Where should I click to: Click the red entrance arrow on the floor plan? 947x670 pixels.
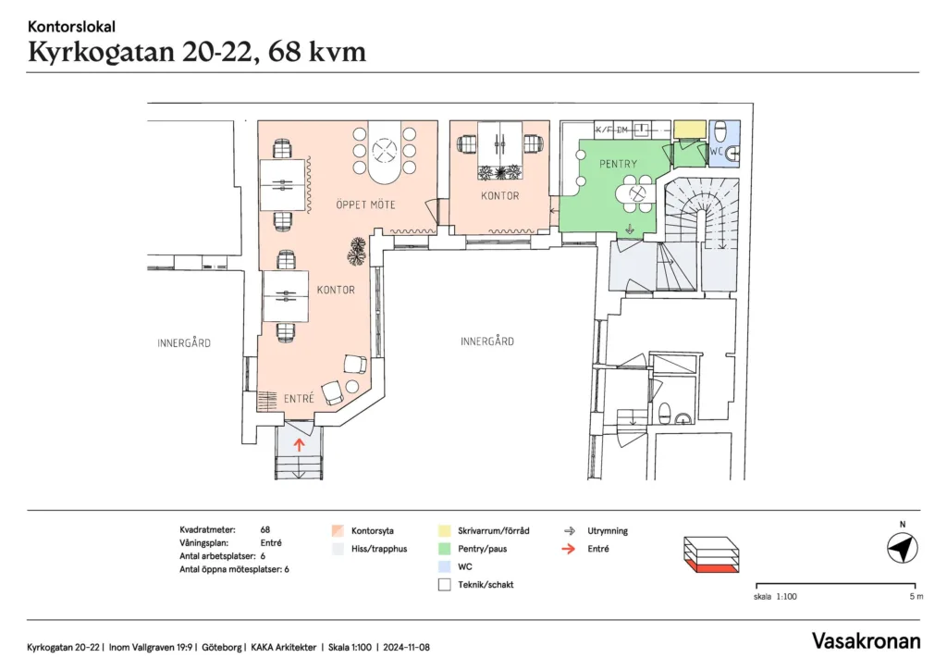click(299, 445)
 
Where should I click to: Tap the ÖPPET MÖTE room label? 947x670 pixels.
click(365, 205)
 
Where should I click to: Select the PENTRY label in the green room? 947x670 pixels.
click(618, 164)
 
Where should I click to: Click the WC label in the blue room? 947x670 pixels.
click(717, 151)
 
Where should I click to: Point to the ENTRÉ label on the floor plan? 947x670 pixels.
click(299, 399)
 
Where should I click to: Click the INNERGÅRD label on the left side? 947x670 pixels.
click(184, 343)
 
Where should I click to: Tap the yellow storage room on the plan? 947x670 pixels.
click(690, 130)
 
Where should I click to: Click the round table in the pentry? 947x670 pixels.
click(635, 194)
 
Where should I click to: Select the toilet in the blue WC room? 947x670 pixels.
click(719, 131)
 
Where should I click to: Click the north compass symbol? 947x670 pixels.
click(903, 549)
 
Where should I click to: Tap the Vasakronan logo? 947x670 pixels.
click(866, 641)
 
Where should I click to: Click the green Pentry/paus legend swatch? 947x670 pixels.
click(445, 549)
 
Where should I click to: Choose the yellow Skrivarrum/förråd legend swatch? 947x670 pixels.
click(445, 531)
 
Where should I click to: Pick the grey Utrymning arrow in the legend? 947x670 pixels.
click(569, 531)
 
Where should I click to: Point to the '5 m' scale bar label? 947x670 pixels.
click(916, 596)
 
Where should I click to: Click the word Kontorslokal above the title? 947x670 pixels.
click(71, 27)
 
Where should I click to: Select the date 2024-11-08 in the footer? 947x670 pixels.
click(407, 647)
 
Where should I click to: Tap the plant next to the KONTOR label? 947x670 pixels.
click(357, 252)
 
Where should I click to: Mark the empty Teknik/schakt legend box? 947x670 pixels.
click(445, 585)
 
